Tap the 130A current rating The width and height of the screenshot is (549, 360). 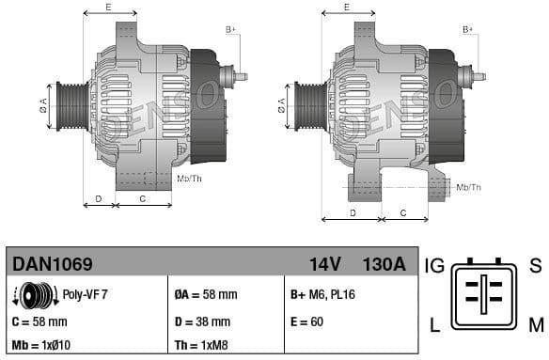[384, 264]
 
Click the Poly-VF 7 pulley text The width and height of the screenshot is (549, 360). [86, 294]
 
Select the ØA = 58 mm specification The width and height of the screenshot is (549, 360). [206, 294]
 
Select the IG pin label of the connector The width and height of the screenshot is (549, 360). [434, 265]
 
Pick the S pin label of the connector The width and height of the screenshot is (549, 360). [535, 265]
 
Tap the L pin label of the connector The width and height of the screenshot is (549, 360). [434, 325]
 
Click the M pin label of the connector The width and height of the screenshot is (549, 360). [535, 325]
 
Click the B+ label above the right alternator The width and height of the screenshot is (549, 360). [468, 30]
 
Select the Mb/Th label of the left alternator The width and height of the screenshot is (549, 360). [189, 178]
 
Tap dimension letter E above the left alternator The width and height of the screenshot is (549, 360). [108, 8]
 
